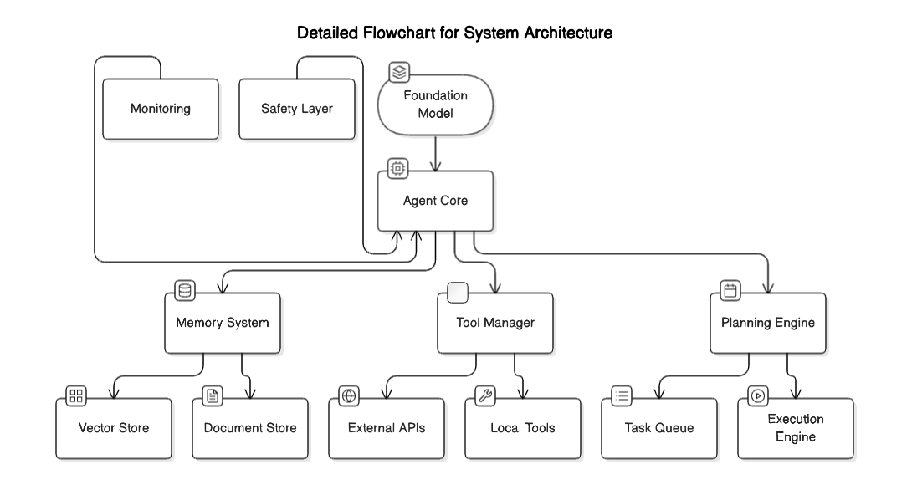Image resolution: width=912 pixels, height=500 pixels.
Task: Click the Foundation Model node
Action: point(434,104)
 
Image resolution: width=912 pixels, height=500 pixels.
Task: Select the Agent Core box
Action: point(435,202)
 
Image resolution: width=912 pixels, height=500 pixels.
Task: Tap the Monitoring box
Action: point(161,109)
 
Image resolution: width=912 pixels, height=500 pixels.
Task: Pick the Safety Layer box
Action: point(297,109)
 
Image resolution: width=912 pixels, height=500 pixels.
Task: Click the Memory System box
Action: point(222,323)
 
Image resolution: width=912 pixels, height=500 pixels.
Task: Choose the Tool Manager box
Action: point(496,323)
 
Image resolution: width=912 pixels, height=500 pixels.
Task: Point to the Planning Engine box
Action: point(768,323)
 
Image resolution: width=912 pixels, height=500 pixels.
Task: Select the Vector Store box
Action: point(114,428)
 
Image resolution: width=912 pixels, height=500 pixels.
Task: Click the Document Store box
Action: point(250,428)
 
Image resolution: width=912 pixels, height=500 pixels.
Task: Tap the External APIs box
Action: point(387,428)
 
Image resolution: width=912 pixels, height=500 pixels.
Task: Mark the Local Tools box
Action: point(523,428)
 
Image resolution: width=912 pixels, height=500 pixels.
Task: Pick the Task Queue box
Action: point(659,428)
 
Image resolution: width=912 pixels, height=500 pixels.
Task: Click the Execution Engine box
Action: point(796,428)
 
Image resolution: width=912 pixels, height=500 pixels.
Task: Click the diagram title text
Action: point(455,34)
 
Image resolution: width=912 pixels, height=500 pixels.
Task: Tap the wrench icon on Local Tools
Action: point(485,395)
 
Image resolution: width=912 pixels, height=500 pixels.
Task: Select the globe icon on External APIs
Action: point(349,395)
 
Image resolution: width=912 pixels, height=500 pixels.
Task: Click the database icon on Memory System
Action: point(185,291)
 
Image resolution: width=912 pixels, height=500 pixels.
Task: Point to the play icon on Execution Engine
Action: point(758,395)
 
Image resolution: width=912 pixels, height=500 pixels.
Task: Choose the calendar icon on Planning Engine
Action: point(730,291)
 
